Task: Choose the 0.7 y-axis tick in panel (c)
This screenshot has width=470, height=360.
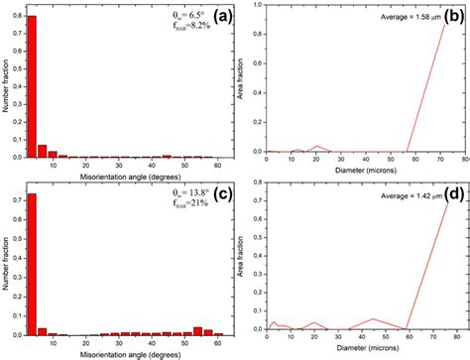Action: (x=19, y=201)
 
